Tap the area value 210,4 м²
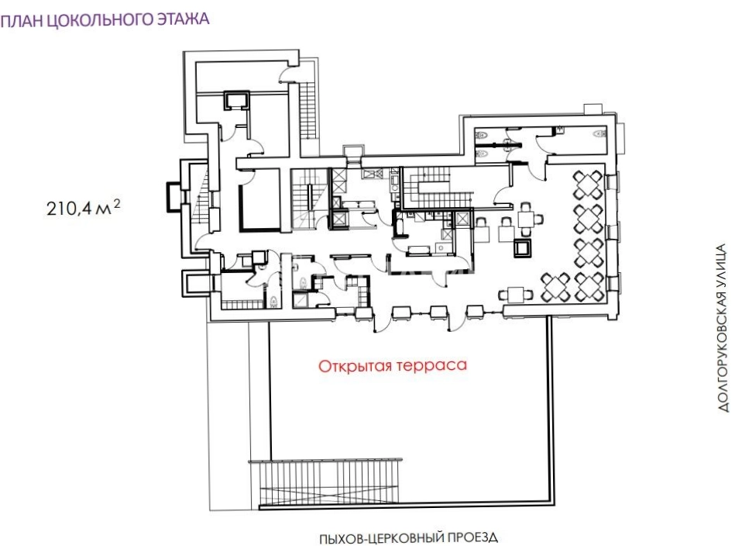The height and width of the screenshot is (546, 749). click(x=84, y=209)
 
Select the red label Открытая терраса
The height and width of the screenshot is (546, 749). click(x=393, y=366)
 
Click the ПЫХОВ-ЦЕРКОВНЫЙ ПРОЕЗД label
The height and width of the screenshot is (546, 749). click(x=408, y=537)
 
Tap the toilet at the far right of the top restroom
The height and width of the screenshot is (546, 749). click(x=599, y=134)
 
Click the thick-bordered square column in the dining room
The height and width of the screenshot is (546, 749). click(x=522, y=248)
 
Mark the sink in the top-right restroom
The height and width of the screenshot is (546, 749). click(x=559, y=129)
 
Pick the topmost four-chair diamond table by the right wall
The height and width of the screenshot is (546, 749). click(x=588, y=185)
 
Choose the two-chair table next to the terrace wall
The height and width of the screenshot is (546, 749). click(x=516, y=295)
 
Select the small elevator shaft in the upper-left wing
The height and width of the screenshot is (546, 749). click(x=237, y=100)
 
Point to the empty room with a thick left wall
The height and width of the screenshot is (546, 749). click(x=259, y=200)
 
